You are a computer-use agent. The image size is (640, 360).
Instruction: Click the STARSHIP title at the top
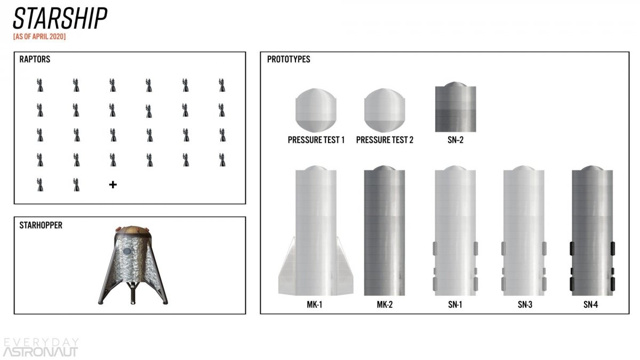coord(60,18)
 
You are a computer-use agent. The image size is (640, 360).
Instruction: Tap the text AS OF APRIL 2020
coord(39,37)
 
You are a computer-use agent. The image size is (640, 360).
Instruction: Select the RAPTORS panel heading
coord(35,59)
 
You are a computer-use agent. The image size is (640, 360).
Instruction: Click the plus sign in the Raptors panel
coord(113,185)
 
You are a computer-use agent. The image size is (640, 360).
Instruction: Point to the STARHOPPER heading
coord(41,225)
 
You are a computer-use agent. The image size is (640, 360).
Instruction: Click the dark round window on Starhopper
coord(127,251)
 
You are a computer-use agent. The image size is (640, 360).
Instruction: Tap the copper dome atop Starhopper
coord(133,230)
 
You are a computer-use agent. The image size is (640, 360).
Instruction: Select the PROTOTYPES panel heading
coord(289,59)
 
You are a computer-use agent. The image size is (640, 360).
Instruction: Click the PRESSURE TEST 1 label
coord(316,140)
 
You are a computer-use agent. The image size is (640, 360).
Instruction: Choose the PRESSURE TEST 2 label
coord(385,140)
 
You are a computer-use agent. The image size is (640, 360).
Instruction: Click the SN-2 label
coord(455,140)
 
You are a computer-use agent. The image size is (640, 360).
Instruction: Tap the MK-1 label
coord(315,305)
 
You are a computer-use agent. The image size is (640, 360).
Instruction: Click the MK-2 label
coord(385,305)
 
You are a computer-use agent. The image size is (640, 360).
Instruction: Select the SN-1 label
coord(455,305)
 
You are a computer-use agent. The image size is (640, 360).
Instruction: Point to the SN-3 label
coord(525,305)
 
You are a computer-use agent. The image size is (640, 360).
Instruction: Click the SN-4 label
coord(591,305)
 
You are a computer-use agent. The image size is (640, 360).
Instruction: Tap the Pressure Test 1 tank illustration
coord(316,110)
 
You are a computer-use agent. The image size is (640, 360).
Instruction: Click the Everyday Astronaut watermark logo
coord(41,347)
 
